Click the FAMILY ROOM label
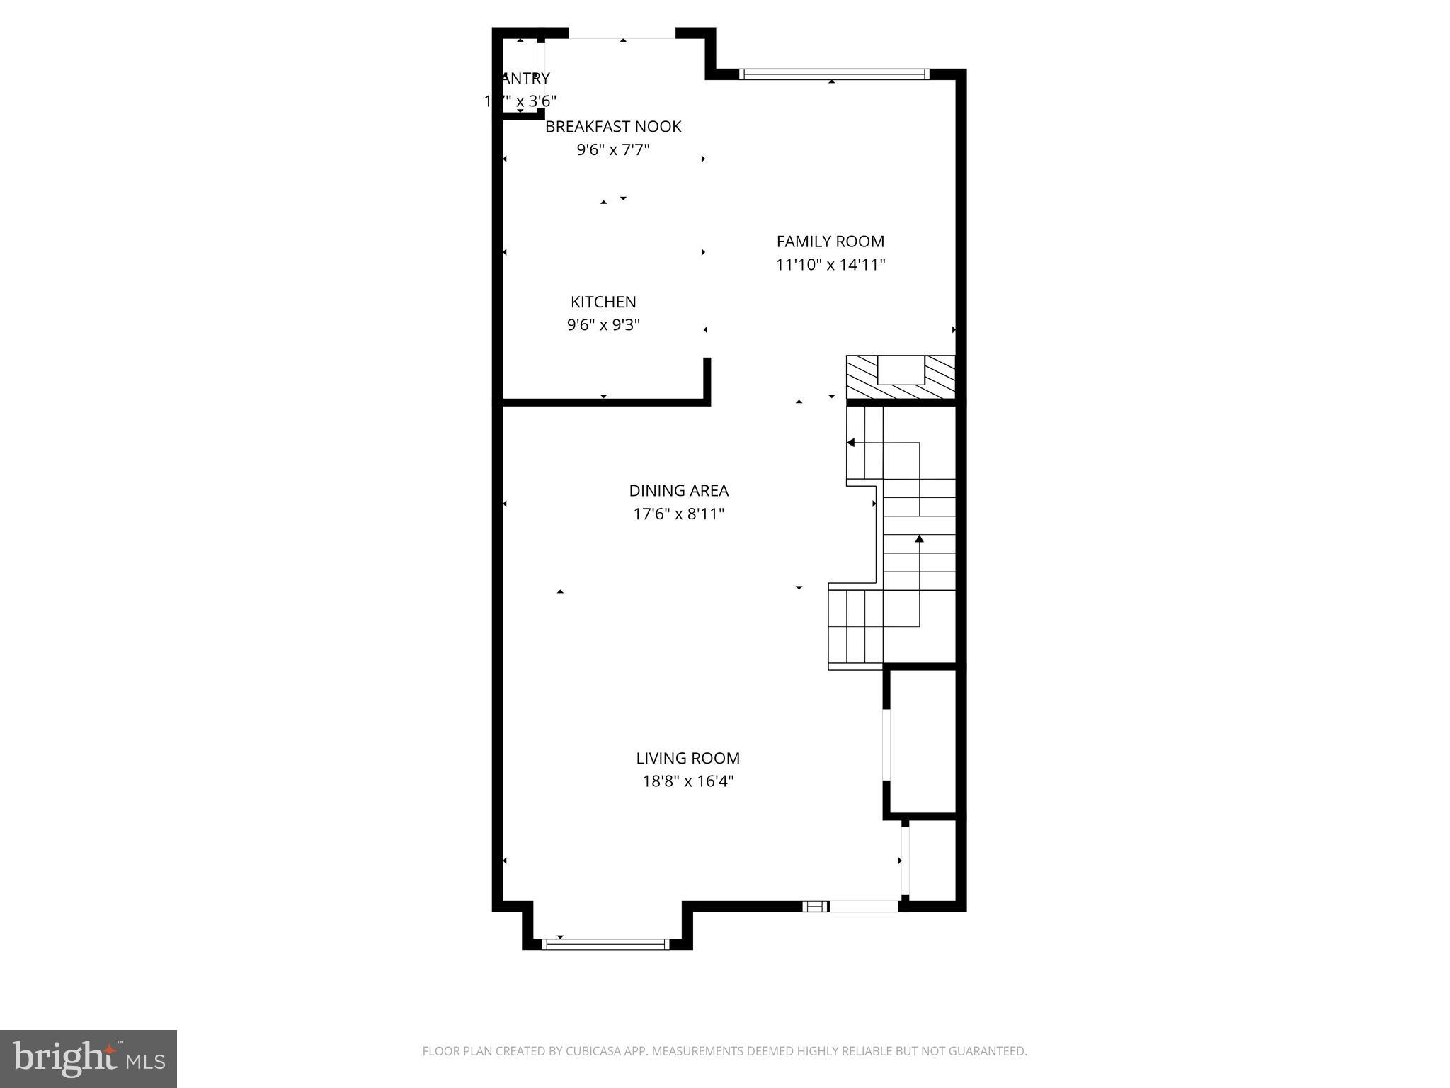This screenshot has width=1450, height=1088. [830, 242]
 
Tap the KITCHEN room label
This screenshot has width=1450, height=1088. [603, 302]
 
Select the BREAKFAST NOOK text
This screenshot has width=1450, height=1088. [613, 127]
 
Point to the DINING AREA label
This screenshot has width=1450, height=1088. [678, 491]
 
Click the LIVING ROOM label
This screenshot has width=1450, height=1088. [687, 759]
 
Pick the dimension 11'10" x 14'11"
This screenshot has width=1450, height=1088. [830, 265]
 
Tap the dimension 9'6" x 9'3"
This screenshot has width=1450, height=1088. [603, 326]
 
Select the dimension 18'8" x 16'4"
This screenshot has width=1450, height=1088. [687, 782]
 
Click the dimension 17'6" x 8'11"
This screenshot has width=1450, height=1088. [678, 514]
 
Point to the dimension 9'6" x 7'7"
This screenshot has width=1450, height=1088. [613, 150]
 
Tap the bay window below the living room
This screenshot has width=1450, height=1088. [605, 943]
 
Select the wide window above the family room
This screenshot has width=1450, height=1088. [833, 74]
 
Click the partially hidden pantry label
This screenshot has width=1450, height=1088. [524, 79]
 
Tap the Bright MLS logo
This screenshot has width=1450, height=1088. [88, 1058]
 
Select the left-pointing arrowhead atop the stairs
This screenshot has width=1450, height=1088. [851, 443]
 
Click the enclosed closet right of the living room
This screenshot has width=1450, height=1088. [922, 741]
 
